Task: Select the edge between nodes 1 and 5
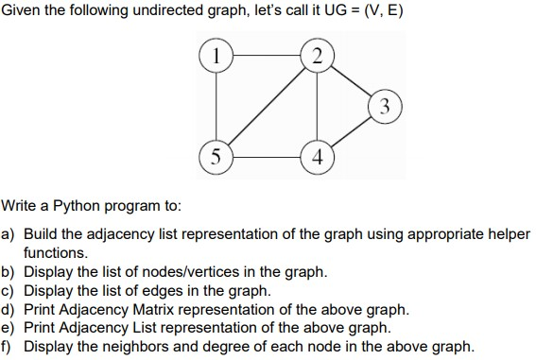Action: (x=216, y=104)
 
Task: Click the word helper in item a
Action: (x=507, y=233)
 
